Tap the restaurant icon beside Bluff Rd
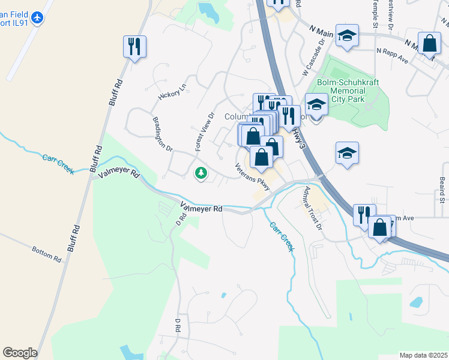(134, 46)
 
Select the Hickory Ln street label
(172, 91)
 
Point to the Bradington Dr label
(163, 134)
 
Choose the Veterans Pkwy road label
(253, 178)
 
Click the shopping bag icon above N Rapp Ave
(429, 43)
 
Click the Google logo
(20, 353)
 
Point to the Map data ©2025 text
(423, 355)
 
